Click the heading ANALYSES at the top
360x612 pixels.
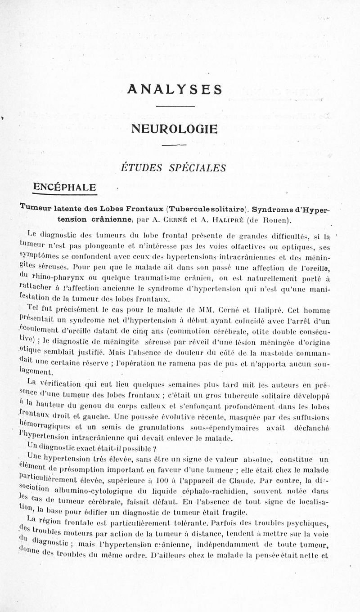click(x=175, y=89)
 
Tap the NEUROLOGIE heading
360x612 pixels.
click(x=174, y=129)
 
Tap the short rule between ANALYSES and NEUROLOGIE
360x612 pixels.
click(x=175, y=107)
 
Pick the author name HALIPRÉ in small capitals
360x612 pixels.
click(x=234, y=220)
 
